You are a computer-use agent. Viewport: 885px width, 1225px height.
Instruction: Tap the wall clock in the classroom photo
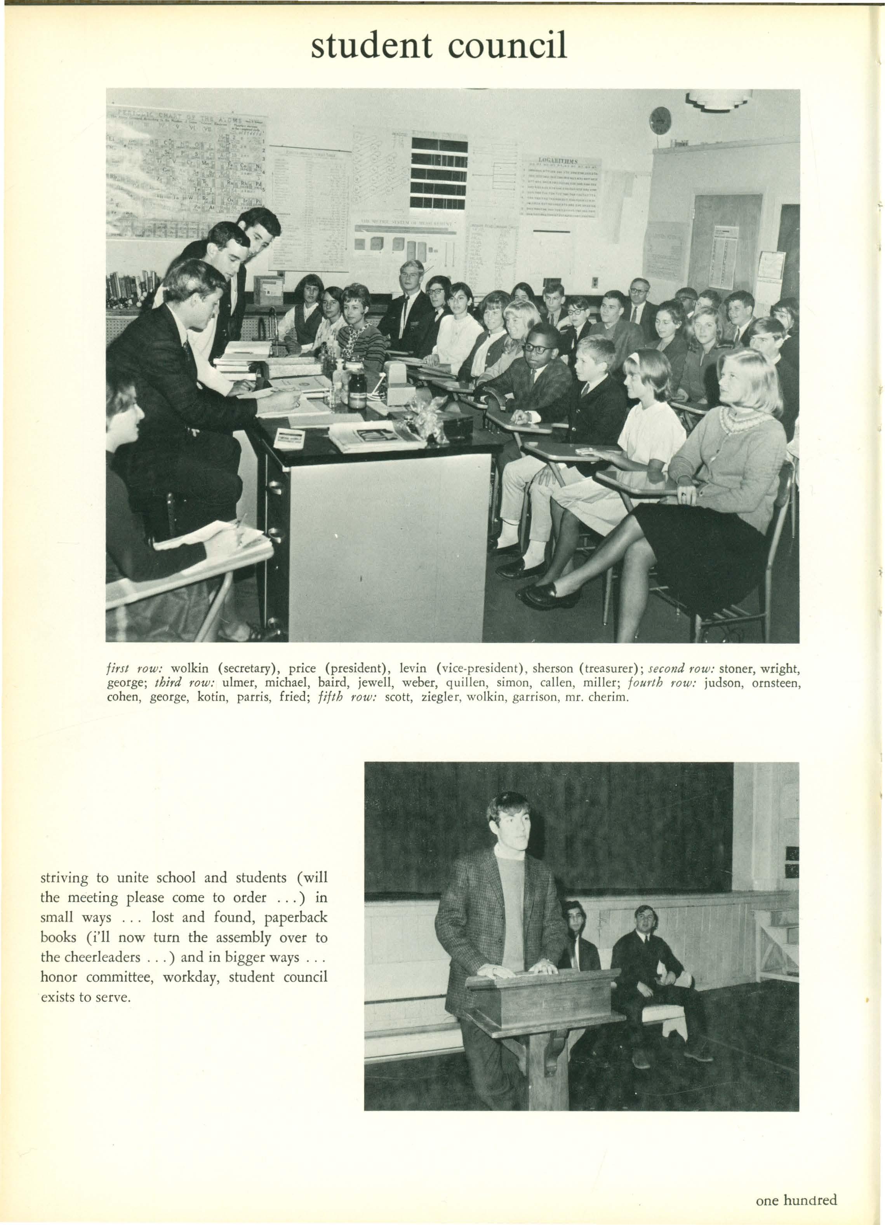coord(660,120)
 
